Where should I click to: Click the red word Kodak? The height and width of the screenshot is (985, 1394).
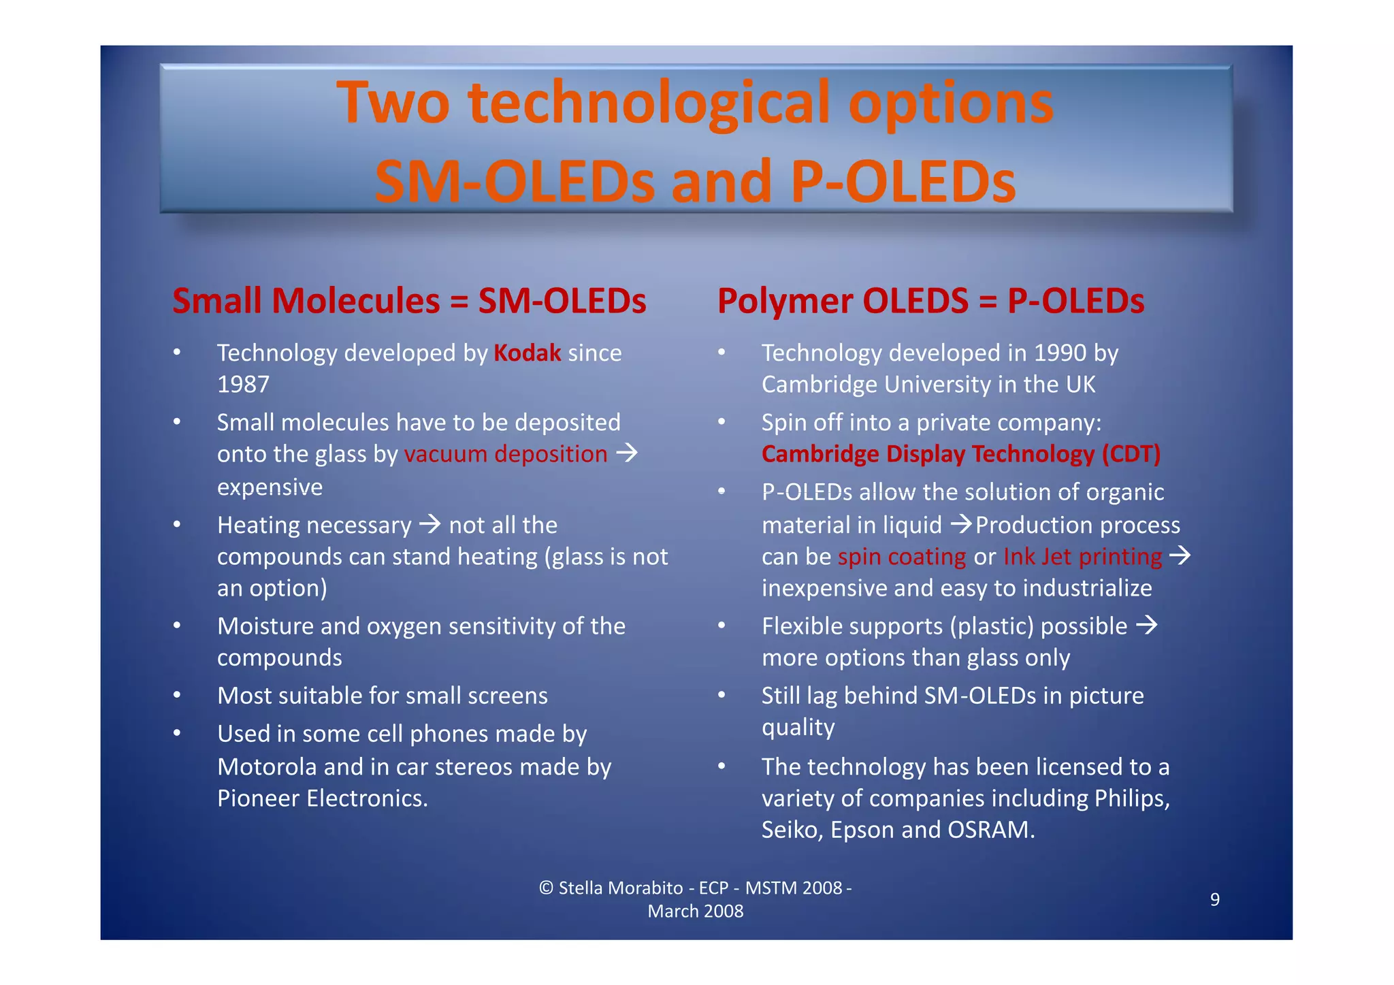point(527,353)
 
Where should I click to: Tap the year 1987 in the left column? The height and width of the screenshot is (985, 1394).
point(243,385)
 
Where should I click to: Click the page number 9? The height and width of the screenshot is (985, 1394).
point(1214,899)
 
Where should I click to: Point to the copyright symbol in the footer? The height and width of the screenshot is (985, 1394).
point(545,888)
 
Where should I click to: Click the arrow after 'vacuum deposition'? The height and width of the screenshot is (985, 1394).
point(627,453)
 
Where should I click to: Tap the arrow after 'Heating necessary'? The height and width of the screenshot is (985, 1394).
point(429,524)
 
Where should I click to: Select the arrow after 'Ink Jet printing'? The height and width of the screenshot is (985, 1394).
point(1180,555)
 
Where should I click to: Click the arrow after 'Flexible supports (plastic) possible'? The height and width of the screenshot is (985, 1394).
point(1147,625)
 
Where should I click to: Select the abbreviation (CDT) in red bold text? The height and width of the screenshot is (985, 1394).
point(1131,453)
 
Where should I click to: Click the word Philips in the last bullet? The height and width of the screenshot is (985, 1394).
point(1131,798)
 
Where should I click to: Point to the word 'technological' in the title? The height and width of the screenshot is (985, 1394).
point(649,103)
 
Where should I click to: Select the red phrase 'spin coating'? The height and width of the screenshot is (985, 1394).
point(901,557)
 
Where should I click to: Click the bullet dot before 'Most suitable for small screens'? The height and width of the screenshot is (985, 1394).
point(177,695)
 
